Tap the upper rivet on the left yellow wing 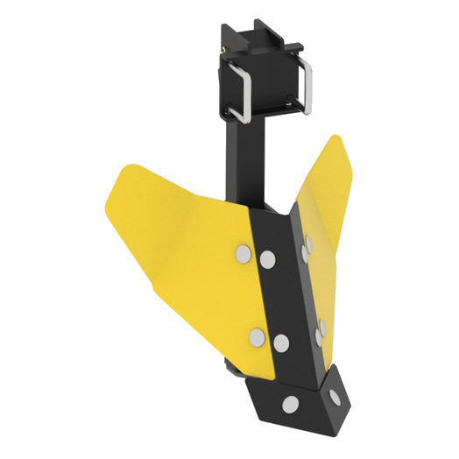pos(242,255)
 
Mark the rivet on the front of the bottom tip pos(288,405)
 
